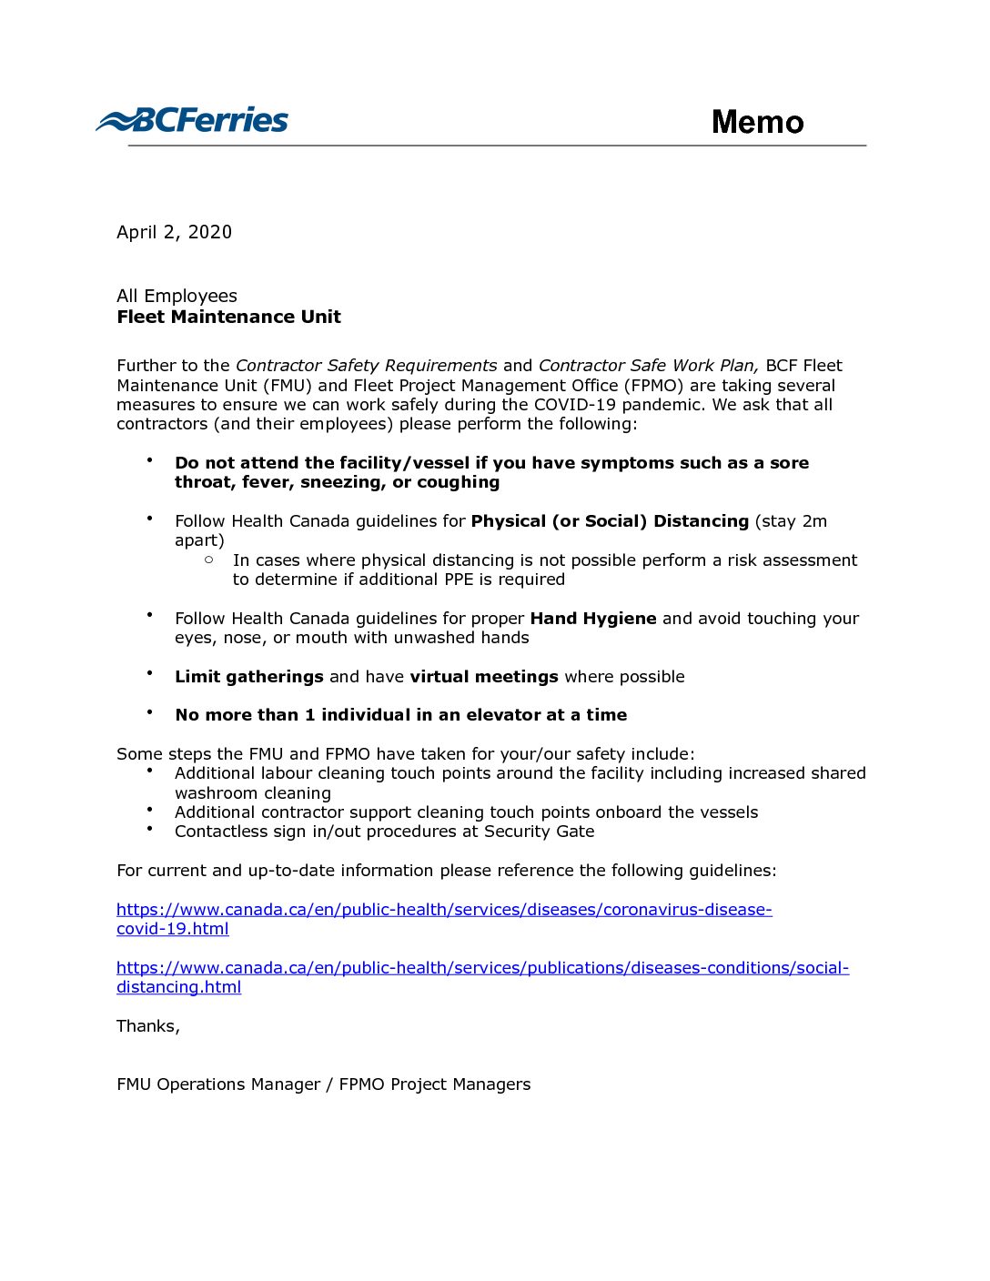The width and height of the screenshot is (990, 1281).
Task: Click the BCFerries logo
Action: point(192,120)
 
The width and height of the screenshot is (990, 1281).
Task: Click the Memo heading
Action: point(757,122)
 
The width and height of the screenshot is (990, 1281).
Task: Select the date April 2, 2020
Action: point(174,232)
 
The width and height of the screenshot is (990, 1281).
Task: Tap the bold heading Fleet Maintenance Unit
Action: point(228,317)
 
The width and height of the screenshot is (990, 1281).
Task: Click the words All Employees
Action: point(177,296)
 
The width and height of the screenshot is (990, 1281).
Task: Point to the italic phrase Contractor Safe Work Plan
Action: point(647,366)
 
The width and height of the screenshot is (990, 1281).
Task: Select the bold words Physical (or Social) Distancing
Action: point(610,521)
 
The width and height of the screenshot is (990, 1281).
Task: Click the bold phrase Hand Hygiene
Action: point(593,619)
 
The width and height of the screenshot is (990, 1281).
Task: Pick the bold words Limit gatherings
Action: point(249,677)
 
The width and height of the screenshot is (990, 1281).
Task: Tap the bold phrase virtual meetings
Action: point(484,677)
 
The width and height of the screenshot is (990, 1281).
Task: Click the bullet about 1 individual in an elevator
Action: point(400,715)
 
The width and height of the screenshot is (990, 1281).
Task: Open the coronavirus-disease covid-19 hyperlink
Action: point(444,910)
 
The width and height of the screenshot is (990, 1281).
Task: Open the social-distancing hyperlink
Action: point(482,968)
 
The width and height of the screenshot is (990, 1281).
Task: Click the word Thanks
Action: point(147,1026)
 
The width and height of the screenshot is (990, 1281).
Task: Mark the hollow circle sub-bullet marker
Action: point(209,560)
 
